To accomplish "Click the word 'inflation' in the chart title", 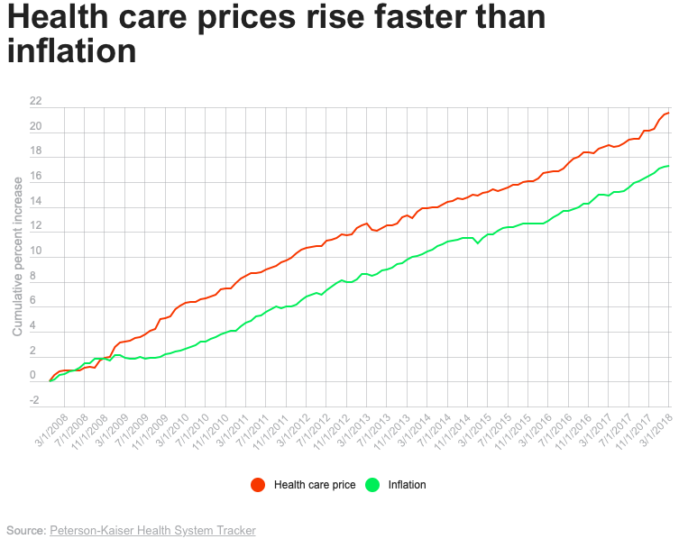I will [x=71, y=50].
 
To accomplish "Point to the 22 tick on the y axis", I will [x=34, y=101].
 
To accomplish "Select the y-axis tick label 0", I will [x=34, y=376].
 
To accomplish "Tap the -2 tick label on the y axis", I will [x=34, y=401].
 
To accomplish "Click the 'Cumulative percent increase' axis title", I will [x=17, y=256].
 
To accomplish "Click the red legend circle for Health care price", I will [x=258, y=485].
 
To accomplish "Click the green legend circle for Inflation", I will [x=372, y=485].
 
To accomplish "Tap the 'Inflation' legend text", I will [x=407, y=485].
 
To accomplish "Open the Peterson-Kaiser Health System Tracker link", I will [x=152, y=530].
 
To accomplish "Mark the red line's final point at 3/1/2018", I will [x=668, y=113].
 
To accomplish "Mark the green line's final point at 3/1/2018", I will [x=668, y=166].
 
